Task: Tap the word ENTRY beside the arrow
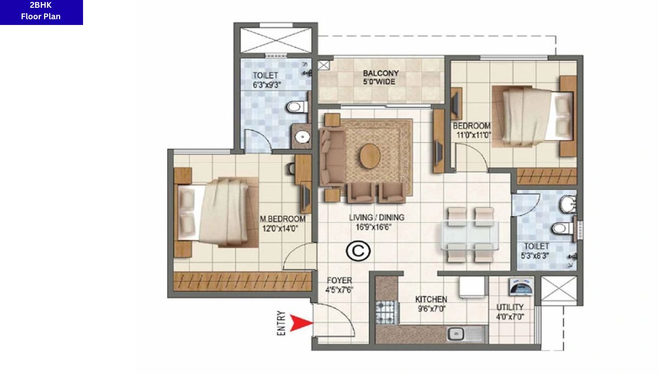pos(282,323)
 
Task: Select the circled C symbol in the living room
pos(358,251)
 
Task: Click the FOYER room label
pos(339,280)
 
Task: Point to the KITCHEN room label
pos(431,300)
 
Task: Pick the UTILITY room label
pos(510,307)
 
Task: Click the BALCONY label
pos(381,73)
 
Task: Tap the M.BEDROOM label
pos(282,219)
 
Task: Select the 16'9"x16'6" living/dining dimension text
pos(369,226)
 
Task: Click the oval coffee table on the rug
pos(370,154)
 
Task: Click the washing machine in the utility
pos(520,287)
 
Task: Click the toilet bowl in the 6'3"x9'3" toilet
pos(295,107)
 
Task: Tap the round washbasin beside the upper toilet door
pos(302,137)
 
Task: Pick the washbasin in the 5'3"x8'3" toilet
pos(568,204)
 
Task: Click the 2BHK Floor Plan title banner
pos(41,11)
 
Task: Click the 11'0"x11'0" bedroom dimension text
pos(473,135)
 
